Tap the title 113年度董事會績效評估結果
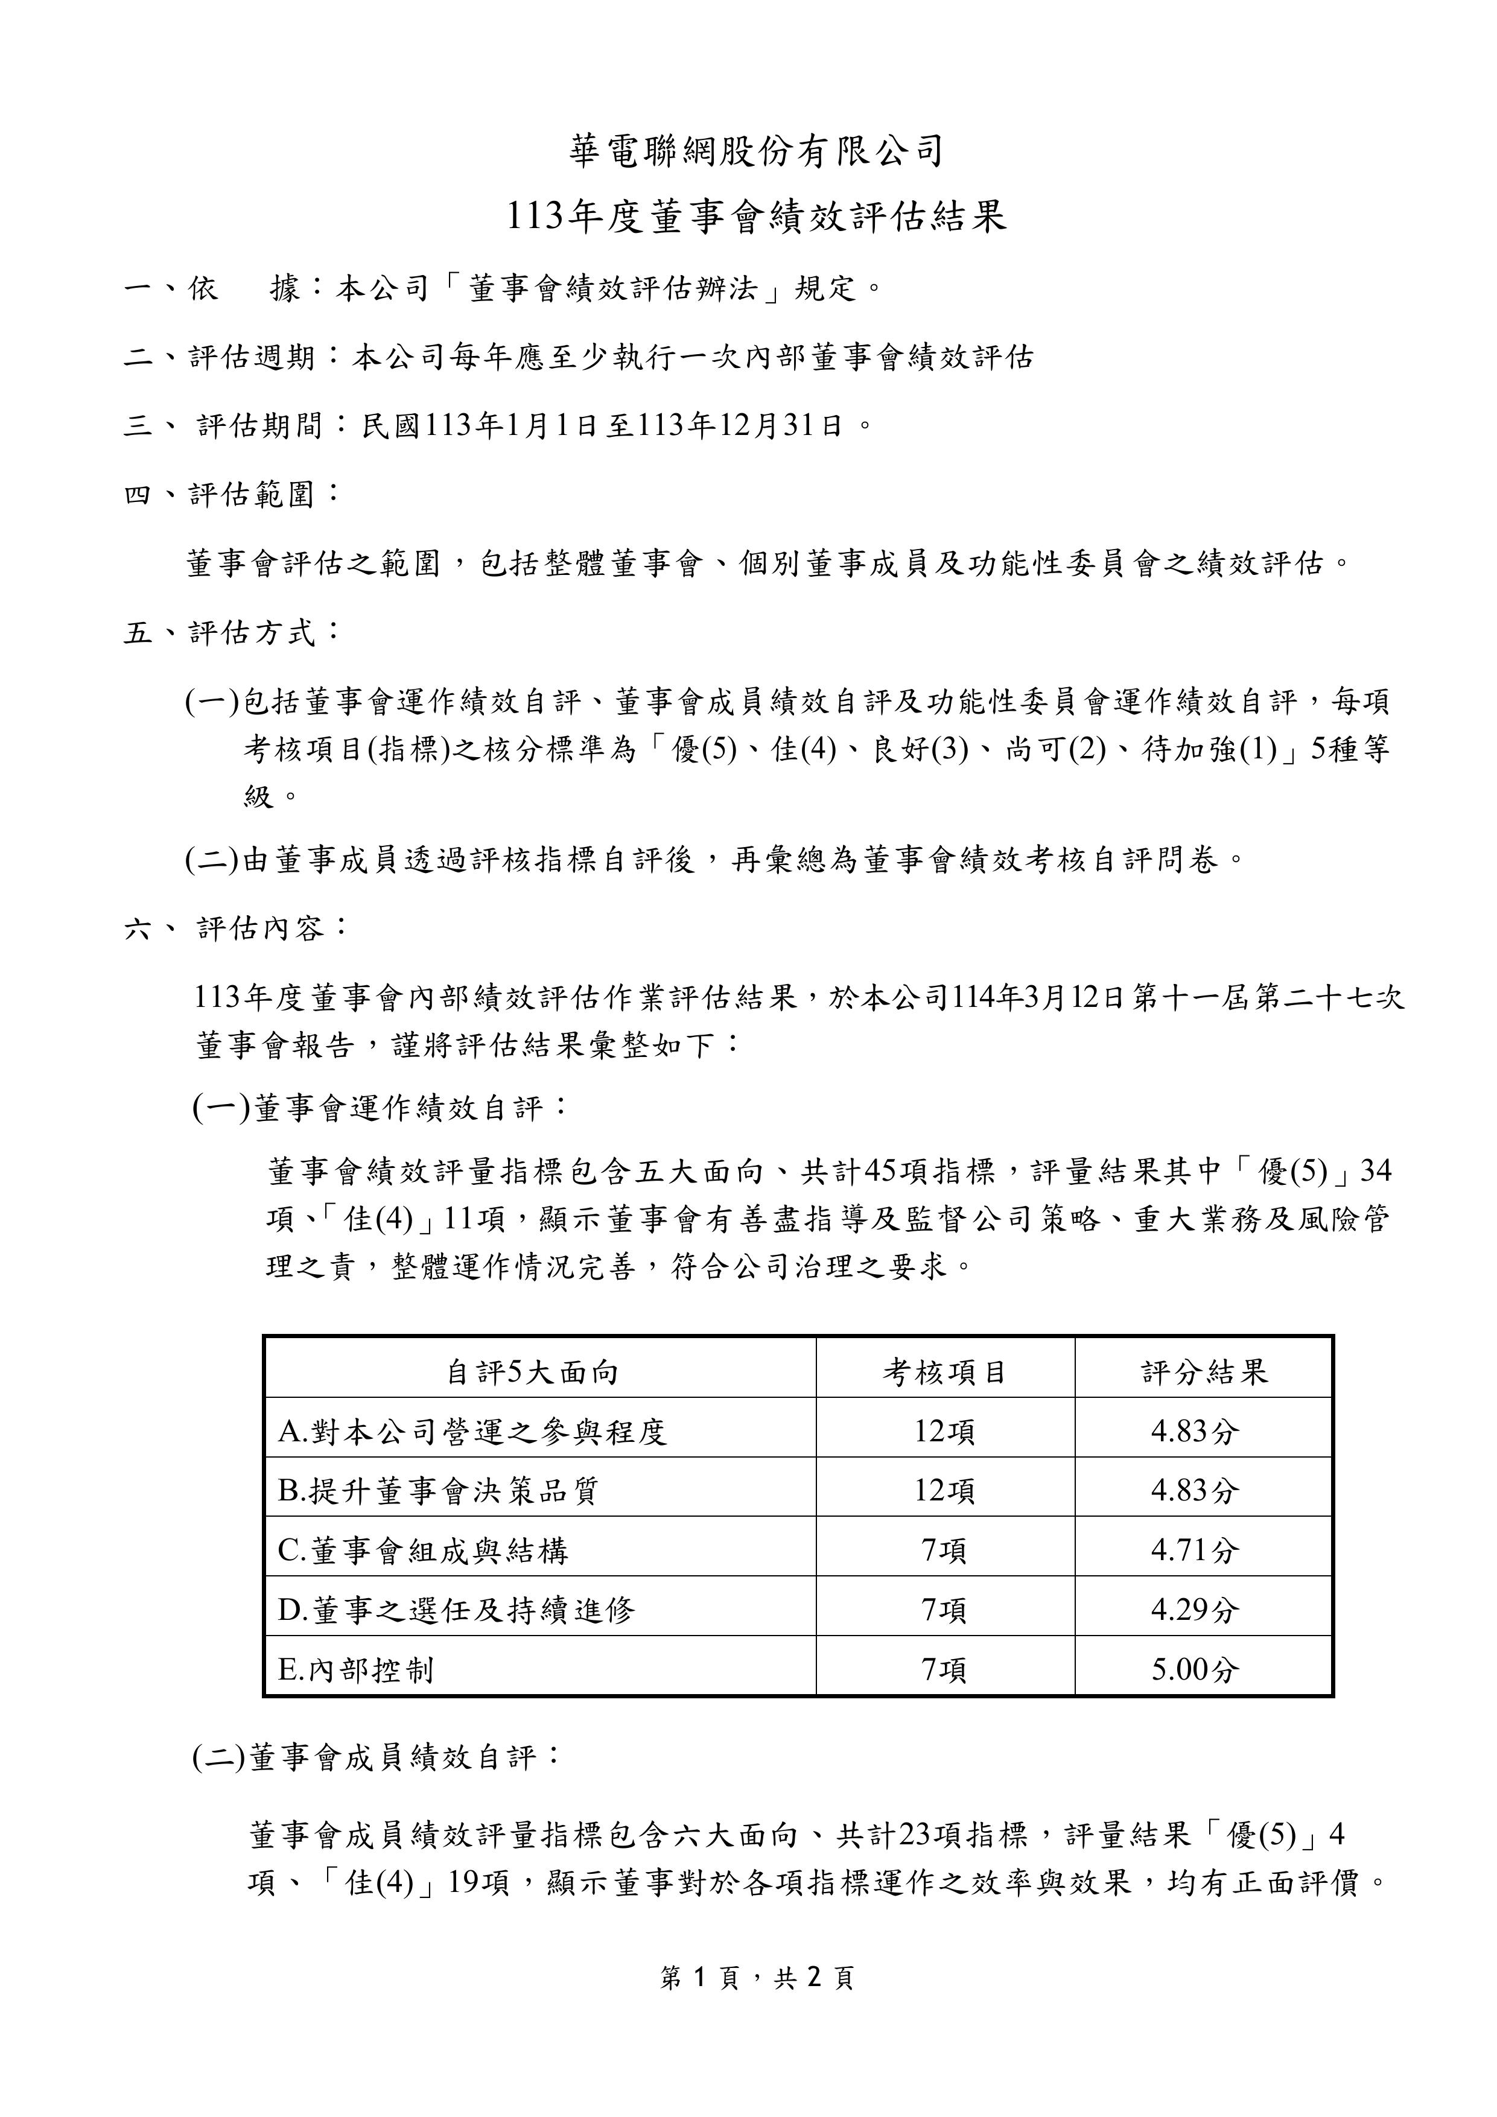pos(756,217)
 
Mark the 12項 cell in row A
pos(944,1432)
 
